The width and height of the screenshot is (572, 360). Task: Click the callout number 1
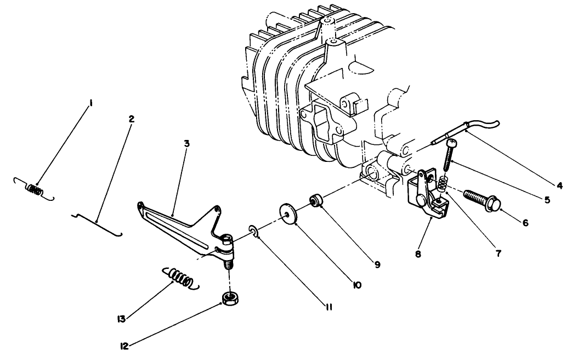(91, 104)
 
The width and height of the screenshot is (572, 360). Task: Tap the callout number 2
(131, 119)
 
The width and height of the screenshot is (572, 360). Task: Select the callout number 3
(186, 143)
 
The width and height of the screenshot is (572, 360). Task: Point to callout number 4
(559, 186)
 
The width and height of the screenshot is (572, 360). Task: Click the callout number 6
(525, 222)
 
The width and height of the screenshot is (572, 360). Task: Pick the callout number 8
(418, 254)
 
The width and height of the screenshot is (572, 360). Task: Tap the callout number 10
(357, 285)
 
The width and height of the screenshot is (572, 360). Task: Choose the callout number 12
(124, 346)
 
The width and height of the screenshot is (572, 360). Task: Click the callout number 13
(121, 319)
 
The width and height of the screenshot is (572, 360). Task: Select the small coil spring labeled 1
(34, 189)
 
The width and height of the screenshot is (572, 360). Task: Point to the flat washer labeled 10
(289, 213)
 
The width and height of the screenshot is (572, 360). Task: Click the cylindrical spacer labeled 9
(315, 200)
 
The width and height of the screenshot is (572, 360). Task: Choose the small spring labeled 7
(442, 184)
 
